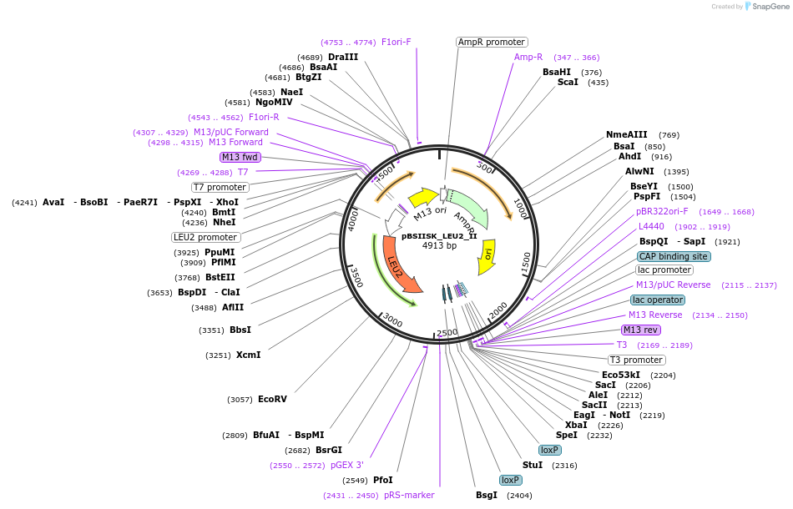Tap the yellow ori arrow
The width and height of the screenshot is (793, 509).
(487, 257)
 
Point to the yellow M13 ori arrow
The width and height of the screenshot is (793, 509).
(423, 197)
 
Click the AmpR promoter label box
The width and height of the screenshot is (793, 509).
(492, 42)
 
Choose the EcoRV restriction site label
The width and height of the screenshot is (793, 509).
(272, 400)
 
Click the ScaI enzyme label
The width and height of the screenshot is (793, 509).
(568, 82)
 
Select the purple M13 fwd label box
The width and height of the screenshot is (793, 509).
(240, 157)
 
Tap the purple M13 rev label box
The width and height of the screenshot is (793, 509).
(641, 330)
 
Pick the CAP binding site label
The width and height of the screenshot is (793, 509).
(674, 256)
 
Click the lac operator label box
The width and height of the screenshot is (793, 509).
(658, 300)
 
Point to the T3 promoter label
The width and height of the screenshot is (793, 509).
(637, 360)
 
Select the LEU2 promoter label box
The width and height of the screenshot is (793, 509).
(205, 237)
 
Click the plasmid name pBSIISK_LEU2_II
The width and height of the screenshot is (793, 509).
(439, 236)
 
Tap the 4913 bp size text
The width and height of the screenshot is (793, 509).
(439, 245)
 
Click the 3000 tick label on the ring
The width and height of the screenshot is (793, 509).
(392, 320)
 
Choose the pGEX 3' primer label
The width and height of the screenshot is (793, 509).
(347, 465)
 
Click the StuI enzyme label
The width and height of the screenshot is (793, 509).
(533, 465)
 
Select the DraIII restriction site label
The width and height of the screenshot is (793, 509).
(343, 57)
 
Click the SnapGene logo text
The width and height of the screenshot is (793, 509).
(770, 7)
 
